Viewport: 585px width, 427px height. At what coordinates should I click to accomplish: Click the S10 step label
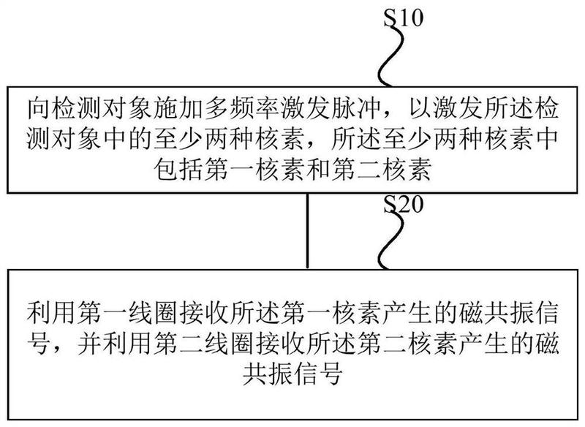click(x=404, y=17)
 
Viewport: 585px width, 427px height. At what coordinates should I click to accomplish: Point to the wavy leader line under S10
click(x=390, y=56)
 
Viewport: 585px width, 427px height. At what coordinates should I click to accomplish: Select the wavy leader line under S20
click(x=390, y=240)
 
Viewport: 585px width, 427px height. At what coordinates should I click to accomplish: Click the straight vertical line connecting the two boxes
click(x=307, y=230)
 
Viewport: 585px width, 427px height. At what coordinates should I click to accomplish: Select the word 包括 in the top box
click(x=178, y=170)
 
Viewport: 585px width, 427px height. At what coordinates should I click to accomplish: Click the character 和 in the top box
click(x=318, y=170)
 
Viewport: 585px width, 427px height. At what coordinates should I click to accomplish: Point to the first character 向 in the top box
click(x=39, y=109)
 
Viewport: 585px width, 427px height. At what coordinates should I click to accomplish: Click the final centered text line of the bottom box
click(x=292, y=374)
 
